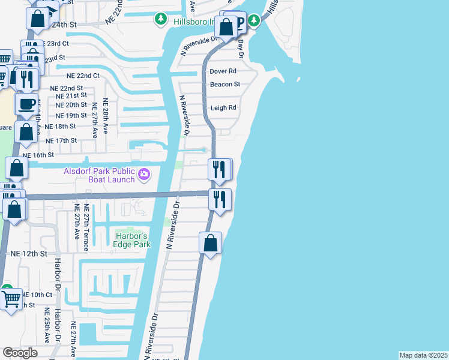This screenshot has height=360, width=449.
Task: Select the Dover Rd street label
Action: point(222,71)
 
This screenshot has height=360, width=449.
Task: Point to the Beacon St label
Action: point(224,85)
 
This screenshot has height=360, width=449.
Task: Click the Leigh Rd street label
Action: point(223,108)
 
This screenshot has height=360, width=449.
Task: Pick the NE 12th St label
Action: point(29,254)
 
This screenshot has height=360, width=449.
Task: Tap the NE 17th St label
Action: point(61,140)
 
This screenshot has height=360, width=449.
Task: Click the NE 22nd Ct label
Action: point(79,76)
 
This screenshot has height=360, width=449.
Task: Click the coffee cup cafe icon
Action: point(26,104)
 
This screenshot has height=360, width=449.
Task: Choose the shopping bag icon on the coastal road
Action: point(210,243)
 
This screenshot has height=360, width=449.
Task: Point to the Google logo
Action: point(20,352)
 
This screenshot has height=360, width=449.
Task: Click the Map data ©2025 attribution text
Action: point(424,355)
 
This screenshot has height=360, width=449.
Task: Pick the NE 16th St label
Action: point(38,155)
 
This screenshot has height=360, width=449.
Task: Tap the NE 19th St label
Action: point(71,116)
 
